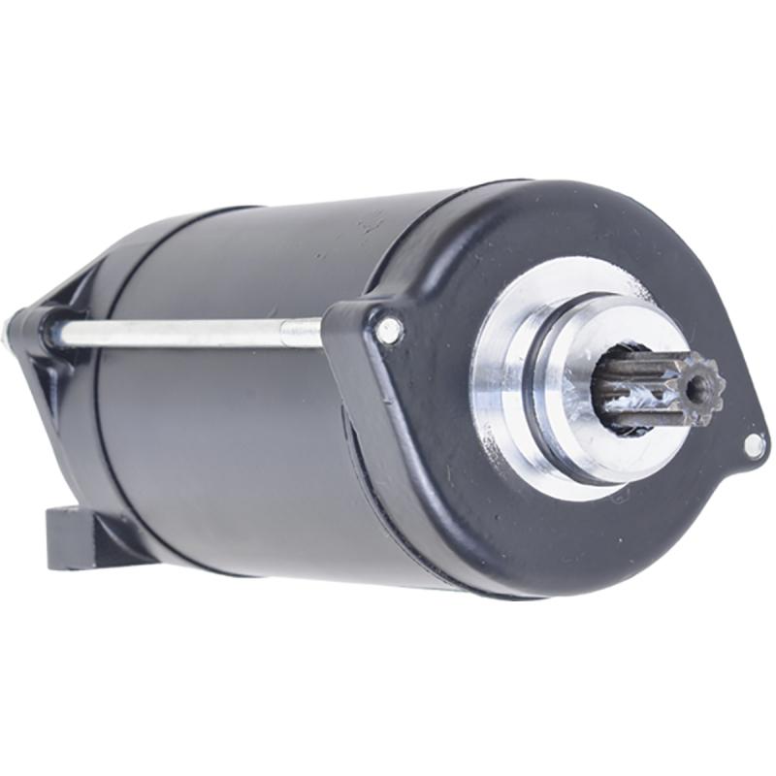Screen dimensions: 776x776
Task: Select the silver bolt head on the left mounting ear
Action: [388, 331]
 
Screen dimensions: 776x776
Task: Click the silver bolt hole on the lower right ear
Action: [753, 445]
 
